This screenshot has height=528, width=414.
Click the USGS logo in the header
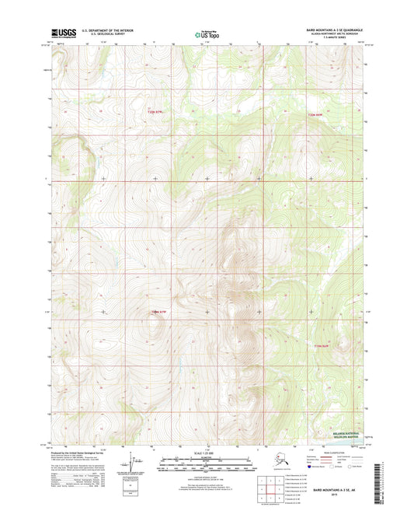[x=60, y=33]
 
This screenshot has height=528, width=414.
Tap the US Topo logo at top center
[x=207, y=33]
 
